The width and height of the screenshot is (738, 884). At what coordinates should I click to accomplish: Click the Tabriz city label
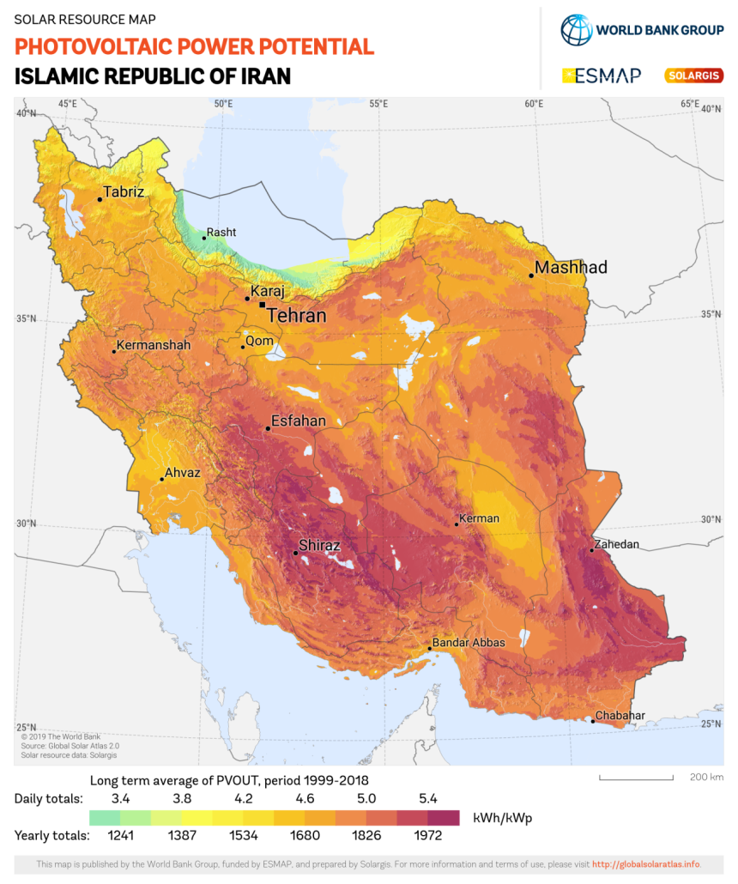pyautogui.click(x=124, y=192)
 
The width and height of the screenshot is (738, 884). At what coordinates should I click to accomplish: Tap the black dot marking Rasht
pyautogui.click(x=204, y=238)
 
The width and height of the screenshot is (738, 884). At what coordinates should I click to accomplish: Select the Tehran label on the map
pyautogui.click(x=296, y=316)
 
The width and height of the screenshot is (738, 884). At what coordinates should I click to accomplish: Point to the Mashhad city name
pyautogui.click(x=571, y=268)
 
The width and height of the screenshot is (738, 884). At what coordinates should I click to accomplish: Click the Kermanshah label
pyautogui.click(x=153, y=346)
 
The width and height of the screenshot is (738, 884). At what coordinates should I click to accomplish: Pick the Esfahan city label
pyautogui.click(x=298, y=421)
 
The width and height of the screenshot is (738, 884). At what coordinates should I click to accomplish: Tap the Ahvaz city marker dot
pyautogui.click(x=161, y=479)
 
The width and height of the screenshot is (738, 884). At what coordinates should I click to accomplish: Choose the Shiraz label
pyautogui.click(x=319, y=546)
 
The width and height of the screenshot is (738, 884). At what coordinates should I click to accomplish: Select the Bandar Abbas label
pyautogui.click(x=469, y=642)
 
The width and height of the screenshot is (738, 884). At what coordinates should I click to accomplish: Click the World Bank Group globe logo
pyautogui.click(x=577, y=29)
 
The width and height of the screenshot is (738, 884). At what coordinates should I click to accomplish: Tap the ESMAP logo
pyautogui.click(x=601, y=76)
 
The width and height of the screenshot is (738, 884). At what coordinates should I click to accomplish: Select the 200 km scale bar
pyautogui.click(x=635, y=779)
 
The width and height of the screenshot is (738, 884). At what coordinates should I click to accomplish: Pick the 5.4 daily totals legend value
pyautogui.click(x=428, y=798)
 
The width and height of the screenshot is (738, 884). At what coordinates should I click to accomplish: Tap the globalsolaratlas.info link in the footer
pyautogui.click(x=645, y=863)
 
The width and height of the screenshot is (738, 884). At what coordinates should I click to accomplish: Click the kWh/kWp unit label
pyautogui.click(x=496, y=817)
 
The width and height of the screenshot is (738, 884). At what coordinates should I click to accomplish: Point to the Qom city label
pyautogui.click(x=259, y=342)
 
